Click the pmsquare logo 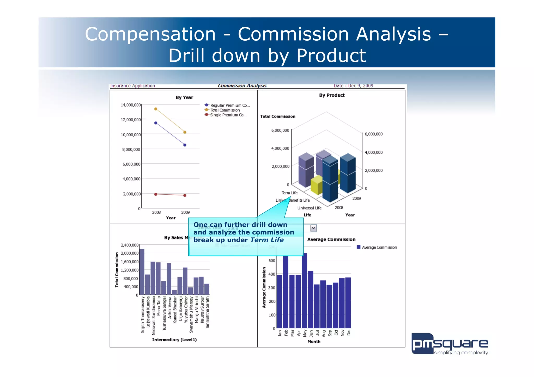coord(450,344)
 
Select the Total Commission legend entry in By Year coord(225,110)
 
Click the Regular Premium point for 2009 coord(185,145)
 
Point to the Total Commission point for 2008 coord(156,109)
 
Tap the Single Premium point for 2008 coord(156,194)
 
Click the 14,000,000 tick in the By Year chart coord(131,105)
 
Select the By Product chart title coord(332,95)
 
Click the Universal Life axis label coord(309,208)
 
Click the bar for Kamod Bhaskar coord(174,292)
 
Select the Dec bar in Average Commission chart coord(348,302)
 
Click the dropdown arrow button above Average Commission coord(313,228)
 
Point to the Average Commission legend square coord(359,247)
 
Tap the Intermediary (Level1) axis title coord(174,340)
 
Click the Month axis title coord(314,342)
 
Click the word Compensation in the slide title coord(150,34)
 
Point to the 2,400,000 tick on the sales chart coord(130,245)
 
